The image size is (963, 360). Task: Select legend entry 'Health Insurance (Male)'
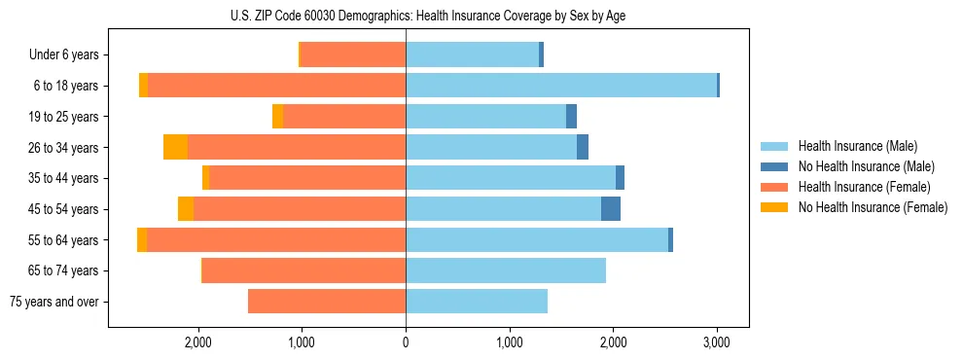(x=857, y=146)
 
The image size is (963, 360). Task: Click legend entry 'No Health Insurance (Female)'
(x=873, y=207)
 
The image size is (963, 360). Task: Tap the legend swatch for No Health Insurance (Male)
(x=774, y=166)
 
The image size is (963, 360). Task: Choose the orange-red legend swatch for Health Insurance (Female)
(x=774, y=187)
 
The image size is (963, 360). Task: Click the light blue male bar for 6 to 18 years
(x=561, y=86)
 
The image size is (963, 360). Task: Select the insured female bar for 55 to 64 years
(x=276, y=240)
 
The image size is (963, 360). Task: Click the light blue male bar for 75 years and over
(x=477, y=302)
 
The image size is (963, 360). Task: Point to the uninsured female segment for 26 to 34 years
(x=175, y=148)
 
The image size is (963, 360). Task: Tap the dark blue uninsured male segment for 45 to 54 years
(x=611, y=209)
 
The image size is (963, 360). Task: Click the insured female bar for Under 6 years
(x=353, y=55)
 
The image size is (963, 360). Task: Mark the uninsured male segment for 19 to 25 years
(x=572, y=117)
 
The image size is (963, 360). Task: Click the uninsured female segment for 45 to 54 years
(x=186, y=209)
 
